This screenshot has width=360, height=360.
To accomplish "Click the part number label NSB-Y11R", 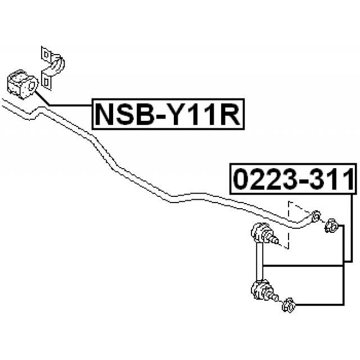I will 167,115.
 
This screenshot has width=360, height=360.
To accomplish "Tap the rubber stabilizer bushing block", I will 20,83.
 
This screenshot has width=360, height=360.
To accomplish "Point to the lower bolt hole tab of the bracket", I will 46,82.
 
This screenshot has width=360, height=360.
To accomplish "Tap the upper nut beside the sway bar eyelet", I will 332,227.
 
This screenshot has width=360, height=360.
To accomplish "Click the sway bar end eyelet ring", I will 316,217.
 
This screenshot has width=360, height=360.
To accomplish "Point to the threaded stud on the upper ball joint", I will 274,239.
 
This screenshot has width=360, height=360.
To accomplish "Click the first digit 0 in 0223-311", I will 241,180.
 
